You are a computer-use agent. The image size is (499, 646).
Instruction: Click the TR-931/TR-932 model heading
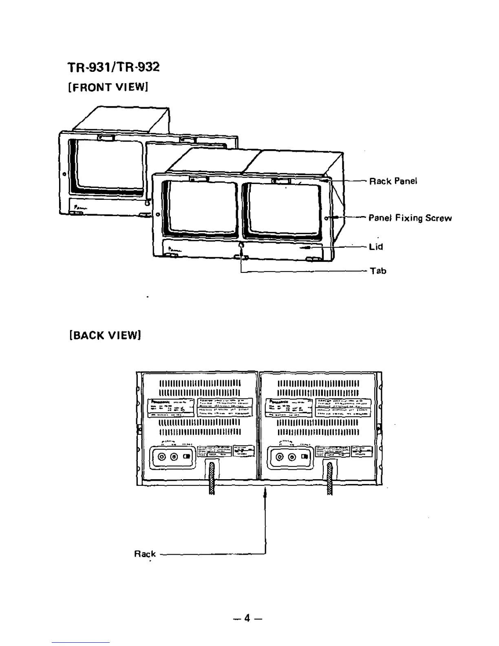pos(114,66)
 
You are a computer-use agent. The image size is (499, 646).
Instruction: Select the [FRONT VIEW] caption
pos(108,87)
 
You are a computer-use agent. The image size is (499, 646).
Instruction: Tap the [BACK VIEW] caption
pos(105,335)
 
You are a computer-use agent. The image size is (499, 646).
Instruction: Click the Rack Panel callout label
pos(393,181)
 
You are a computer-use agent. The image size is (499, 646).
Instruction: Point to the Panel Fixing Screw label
pos(410,218)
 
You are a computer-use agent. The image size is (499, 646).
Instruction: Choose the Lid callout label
pos(376,247)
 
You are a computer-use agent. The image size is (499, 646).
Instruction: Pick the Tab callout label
pos(378,271)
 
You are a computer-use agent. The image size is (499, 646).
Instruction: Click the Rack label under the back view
pos(145,554)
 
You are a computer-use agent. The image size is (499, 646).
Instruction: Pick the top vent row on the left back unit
pos(200,383)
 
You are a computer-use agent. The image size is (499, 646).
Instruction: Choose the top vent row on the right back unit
pos(318,383)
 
